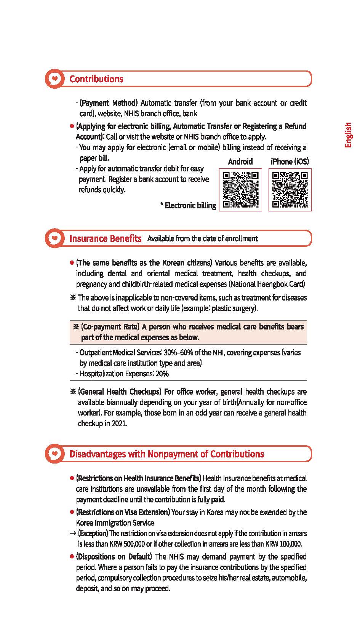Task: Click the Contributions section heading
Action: pyautogui.click(x=96, y=79)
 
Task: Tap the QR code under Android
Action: pyautogui.click(x=240, y=190)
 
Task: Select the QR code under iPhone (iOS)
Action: pyautogui.click(x=290, y=190)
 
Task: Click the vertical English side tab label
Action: pyautogui.click(x=348, y=135)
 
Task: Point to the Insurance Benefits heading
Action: pyautogui.click(x=105, y=238)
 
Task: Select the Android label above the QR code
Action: pyautogui.click(x=240, y=161)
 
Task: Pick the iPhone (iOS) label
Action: pyautogui.click(x=290, y=161)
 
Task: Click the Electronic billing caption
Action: pyautogui.click(x=188, y=206)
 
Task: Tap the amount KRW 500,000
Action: pyautogui.click(x=127, y=544)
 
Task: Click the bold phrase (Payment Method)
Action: pyautogui.click(x=109, y=103)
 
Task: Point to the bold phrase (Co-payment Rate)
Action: pyautogui.click(x=110, y=327)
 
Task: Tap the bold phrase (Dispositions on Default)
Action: pyautogui.click(x=114, y=556)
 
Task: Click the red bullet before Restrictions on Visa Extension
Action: pyautogui.click(x=72, y=512)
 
